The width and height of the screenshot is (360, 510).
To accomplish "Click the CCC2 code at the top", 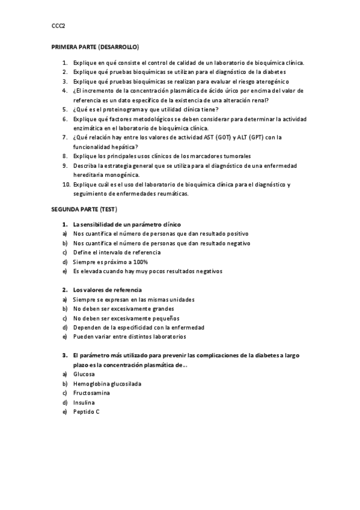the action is [x=58, y=26].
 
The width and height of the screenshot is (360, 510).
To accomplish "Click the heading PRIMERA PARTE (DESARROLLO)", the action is [x=95, y=46].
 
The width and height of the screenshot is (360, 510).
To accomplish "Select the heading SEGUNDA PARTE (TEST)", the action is [x=84, y=209].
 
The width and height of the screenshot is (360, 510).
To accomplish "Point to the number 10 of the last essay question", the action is [x=66, y=184].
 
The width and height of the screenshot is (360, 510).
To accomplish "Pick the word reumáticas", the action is [x=172, y=194].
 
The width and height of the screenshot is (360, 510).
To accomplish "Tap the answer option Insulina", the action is [x=84, y=402].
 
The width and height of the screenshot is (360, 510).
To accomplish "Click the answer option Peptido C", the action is [x=87, y=411].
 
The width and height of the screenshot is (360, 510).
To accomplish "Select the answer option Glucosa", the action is [x=84, y=373].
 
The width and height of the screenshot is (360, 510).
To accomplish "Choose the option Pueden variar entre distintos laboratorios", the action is [x=129, y=336].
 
